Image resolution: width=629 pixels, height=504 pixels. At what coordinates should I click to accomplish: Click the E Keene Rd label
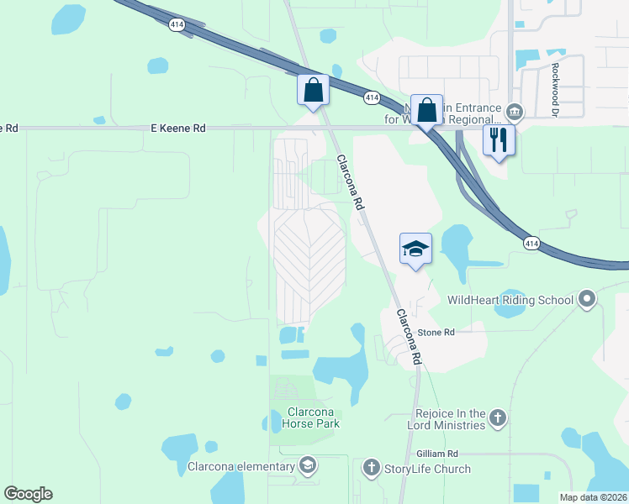(x=177, y=129)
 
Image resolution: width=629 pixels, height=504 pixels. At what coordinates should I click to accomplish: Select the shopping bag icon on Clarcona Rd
(x=313, y=90)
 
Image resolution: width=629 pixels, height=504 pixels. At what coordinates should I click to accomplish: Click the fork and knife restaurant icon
(x=499, y=139)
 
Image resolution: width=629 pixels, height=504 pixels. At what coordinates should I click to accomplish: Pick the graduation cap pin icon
(x=415, y=249)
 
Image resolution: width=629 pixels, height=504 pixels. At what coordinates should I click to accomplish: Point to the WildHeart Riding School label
(x=510, y=300)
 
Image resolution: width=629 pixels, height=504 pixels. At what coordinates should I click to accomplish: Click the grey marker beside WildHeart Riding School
(x=587, y=298)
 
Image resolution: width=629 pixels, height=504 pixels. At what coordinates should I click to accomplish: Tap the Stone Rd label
(x=436, y=333)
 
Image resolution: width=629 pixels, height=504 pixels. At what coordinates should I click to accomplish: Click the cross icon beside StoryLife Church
(x=372, y=467)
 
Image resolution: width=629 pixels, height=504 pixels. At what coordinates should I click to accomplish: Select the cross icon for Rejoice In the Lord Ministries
(x=498, y=417)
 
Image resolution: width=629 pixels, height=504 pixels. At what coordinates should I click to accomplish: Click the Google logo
(x=28, y=494)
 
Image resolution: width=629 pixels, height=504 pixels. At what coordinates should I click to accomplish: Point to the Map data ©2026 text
(x=594, y=497)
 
